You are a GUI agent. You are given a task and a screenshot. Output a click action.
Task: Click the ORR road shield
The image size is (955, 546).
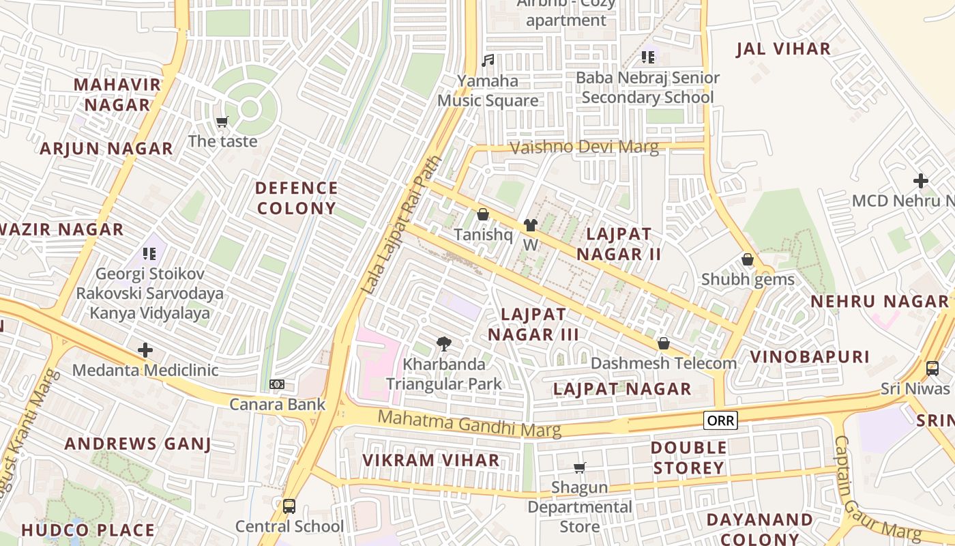point(720,420)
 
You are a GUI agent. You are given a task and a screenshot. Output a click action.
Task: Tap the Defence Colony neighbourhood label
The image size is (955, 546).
point(296,198)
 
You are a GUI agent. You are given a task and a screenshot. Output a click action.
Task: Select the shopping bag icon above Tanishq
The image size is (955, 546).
point(483,215)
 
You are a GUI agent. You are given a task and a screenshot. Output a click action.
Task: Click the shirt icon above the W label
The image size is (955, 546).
point(530,225)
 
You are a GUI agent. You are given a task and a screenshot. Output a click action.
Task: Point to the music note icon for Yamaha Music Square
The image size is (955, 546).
point(487,61)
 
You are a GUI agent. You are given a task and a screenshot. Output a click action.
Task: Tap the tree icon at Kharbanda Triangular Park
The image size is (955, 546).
point(443,344)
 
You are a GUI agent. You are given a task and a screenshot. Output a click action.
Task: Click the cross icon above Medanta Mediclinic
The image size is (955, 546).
point(145,351)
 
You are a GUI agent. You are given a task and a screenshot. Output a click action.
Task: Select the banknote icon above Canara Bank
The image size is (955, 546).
point(276,384)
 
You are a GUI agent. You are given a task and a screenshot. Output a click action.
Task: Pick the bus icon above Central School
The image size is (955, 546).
point(289,506)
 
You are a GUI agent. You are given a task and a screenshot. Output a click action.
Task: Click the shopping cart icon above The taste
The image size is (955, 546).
point(222,122)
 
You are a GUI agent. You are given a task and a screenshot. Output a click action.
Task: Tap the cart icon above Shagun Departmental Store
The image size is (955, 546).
point(579,468)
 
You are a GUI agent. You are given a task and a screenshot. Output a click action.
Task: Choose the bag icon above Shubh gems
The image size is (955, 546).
point(748,260)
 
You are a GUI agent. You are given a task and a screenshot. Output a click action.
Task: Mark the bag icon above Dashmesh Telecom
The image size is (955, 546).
point(663,343)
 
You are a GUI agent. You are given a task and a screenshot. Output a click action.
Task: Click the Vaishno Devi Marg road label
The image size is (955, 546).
point(585,147)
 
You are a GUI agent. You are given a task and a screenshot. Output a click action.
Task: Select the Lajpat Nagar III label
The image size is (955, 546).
point(533,324)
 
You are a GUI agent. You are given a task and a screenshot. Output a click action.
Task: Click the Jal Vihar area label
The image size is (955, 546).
point(783,49)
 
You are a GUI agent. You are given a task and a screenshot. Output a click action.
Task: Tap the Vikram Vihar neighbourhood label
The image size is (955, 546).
point(430,460)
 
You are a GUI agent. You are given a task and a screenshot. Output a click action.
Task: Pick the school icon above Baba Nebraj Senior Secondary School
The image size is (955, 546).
point(647,57)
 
